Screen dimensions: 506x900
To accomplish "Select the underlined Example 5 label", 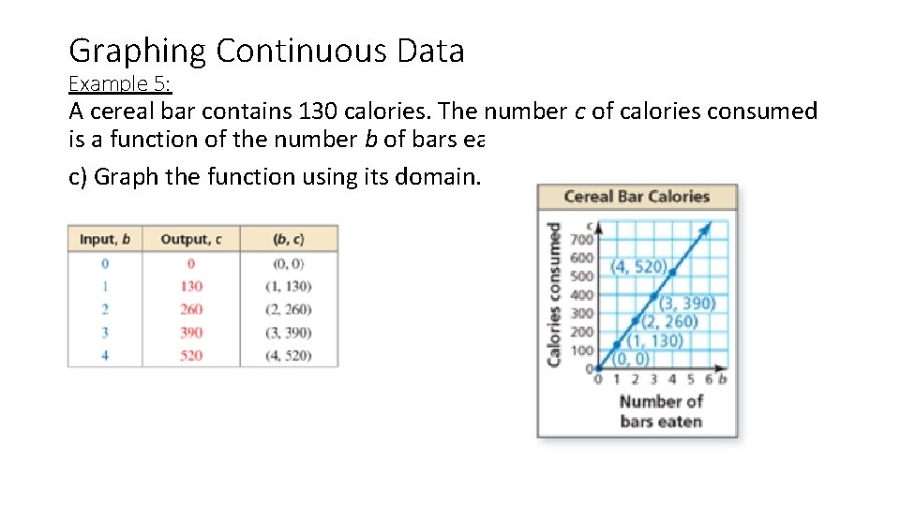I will click(x=120, y=83).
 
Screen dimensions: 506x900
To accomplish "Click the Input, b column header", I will click(x=105, y=239).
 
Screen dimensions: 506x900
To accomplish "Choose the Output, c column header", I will click(x=191, y=239).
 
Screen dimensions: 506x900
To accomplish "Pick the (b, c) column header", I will click(x=289, y=239).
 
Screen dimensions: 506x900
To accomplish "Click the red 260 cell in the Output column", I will click(x=191, y=309).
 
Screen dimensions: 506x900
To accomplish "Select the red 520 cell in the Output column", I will click(x=191, y=355).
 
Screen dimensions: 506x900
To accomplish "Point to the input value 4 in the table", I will click(x=105, y=355).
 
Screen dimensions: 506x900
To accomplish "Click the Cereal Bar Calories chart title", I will click(x=637, y=197).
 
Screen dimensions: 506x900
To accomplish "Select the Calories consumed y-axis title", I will click(x=554, y=294).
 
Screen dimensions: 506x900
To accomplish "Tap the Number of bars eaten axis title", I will click(x=660, y=411).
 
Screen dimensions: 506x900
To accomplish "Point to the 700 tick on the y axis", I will click(x=582, y=240).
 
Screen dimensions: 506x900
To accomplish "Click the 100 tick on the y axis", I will click(x=582, y=350).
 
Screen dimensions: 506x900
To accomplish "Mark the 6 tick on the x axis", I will click(x=709, y=379).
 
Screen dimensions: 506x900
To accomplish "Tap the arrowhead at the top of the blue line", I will click(x=709, y=226).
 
